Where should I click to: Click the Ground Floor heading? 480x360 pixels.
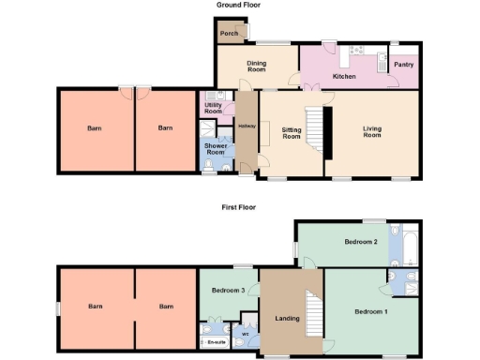pyautogui.click(x=238, y=6)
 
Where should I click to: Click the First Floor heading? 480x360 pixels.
pyautogui.click(x=238, y=207)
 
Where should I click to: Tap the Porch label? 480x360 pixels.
pyautogui.click(x=229, y=34)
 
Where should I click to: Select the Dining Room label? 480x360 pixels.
pyautogui.click(x=257, y=66)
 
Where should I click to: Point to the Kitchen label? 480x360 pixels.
pyautogui.click(x=344, y=76)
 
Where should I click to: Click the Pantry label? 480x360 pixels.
pyautogui.click(x=404, y=65)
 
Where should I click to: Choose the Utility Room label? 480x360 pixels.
pyautogui.click(x=213, y=109)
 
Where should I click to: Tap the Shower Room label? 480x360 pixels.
pyautogui.click(x=216, y=149)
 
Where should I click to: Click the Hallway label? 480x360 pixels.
pyautogui.click(x=247, y=127)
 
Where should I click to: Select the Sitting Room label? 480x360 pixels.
pyautogui.click(x=291, y=133)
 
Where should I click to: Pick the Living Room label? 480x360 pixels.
pyautogui.click(x=372, y=132)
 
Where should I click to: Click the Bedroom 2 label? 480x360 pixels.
pyautogui.click(x=360, y=242)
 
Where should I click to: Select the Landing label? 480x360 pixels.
pyautogui.click(x=287, y=319)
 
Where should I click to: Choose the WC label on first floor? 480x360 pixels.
pyautogui.click(x=245, y=334)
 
